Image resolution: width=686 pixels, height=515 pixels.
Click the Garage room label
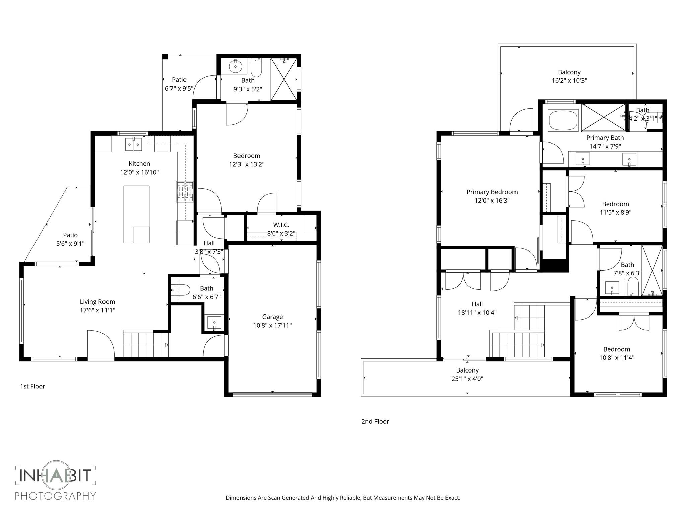pos(272,317)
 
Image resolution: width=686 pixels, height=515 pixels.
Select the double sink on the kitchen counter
pos(134,144)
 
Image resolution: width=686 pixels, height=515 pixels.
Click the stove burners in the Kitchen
pos(185,191)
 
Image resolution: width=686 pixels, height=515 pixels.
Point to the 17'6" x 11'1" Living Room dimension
pos(97,310)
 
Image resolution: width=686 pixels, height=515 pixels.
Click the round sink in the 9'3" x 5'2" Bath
pos(235,66)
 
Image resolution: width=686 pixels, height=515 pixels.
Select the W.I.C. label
pos(281,225)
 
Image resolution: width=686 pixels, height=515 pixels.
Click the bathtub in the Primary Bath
pos(563,121)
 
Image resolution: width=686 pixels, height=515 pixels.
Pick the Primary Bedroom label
pos(492,192)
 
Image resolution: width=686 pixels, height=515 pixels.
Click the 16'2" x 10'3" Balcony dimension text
pos(569,81)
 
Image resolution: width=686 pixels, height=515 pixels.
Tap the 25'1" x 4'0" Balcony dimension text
pos(467,379)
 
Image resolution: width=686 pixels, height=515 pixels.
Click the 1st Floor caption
pos(32,386)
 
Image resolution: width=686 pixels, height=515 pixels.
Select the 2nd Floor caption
pos(375,421)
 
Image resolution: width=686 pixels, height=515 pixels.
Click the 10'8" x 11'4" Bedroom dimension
pos(616,358)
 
